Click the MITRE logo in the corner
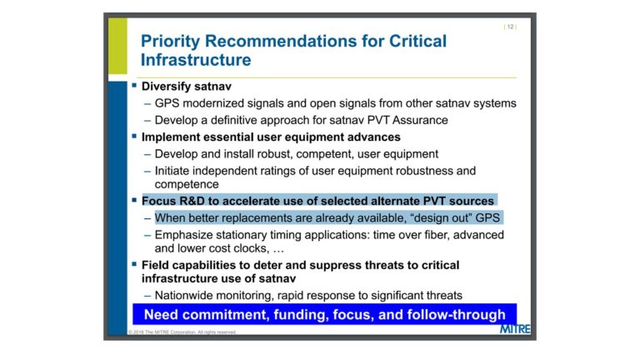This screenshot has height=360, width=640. pyautogui.click(x=515, y=329)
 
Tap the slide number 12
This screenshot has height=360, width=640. pyautogui.click(x=510, y=27)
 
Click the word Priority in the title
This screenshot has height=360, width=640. pyautogui.click(x=170, y=42)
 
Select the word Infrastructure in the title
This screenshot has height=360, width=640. pyautogui.click(x=196, y=60)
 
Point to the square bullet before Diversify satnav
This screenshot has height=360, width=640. pyautogui.click(x=134, y=85)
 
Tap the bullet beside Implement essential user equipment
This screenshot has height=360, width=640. pyautogui.click(x=134, y=136)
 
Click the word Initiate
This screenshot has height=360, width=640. pyautogui.click(x=172, y=171)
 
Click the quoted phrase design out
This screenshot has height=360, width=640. pyautogui.click(x=442, y=218)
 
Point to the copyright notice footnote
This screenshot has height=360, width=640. pyautogui.click(x=182, y=332)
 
